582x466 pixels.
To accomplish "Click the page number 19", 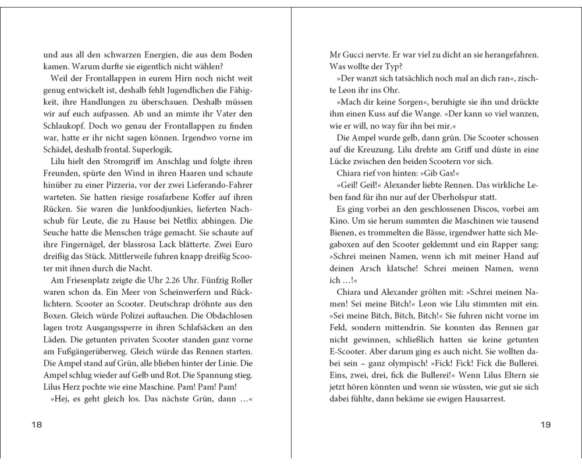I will point(545,425).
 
